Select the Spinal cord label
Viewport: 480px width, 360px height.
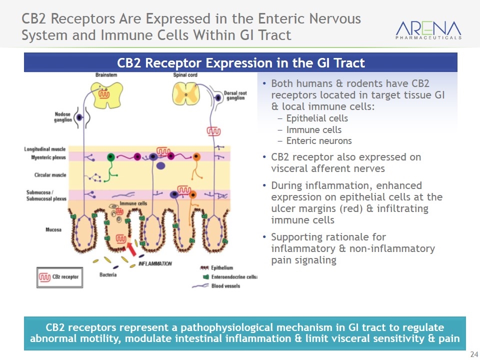[183, 75]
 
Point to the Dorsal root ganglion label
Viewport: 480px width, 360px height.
[234, 95]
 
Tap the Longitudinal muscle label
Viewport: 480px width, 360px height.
[45, 149]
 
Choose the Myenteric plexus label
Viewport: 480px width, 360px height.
[45, 157]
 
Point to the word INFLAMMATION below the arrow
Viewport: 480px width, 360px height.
[155, 263]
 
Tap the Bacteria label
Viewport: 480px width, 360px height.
[108, 275]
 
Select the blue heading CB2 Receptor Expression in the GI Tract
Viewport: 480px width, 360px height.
[240, 63]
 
